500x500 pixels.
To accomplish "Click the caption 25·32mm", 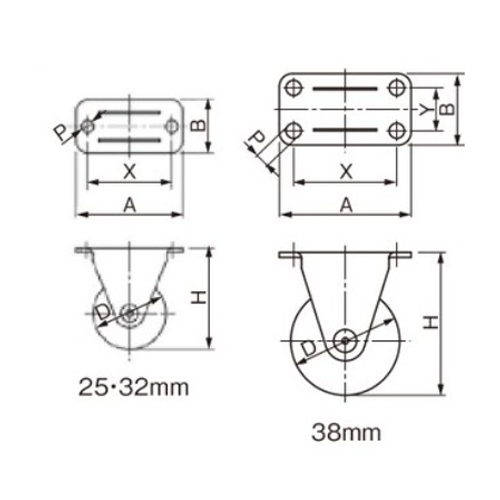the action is (134, 388).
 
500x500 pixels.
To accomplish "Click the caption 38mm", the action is (346, 433).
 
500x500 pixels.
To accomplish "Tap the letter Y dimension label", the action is (425, 110).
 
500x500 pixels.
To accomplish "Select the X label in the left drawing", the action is (130, 172).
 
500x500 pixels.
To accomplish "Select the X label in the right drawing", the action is (346, 172).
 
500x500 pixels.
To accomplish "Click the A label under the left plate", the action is (130, 205).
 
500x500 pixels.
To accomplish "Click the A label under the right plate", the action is (346, 205).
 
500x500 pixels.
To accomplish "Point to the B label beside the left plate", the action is (198, 125).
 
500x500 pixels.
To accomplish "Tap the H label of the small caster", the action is (199, 297).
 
